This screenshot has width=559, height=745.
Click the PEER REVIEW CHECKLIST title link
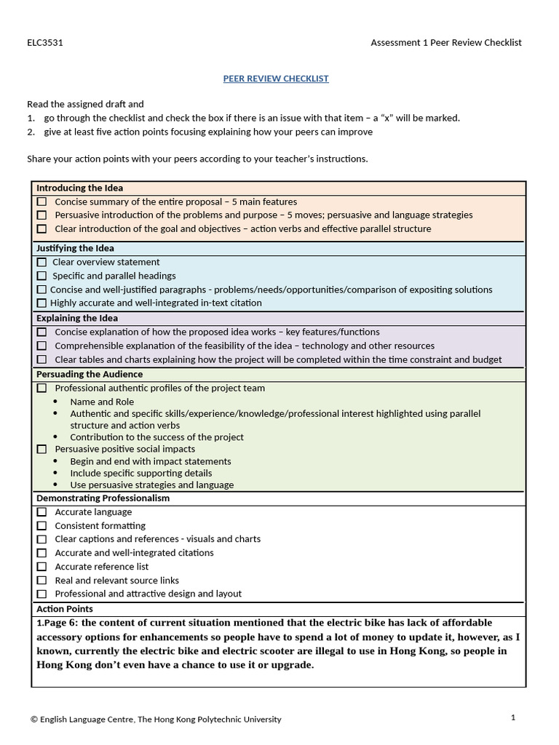[x=275, y=79]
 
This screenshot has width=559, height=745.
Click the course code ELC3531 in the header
[x=45, y=42]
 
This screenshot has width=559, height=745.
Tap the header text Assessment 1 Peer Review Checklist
[x=445, y=42]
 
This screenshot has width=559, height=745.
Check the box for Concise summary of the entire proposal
[x=41, y=202]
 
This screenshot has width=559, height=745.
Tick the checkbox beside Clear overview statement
[x=41, y=263]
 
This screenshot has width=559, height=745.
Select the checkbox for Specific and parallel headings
[x=41, y=276]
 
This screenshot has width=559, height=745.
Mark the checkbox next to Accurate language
[x=41, y=512]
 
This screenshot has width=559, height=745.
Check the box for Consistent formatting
[x=41, y=526]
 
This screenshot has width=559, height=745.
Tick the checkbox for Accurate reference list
[x=41, y=567]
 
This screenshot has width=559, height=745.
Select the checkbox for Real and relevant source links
[x=41, y=581]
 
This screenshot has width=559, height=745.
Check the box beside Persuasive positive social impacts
[x=41, y=450]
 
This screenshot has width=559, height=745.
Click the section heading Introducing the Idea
[x=79, y=188]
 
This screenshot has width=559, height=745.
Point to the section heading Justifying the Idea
[x=75, y=249]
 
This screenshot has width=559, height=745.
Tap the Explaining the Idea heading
[x=76, y=319]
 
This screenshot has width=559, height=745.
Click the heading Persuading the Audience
[x=89, y=375]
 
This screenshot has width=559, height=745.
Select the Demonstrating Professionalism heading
[x=103, y=498]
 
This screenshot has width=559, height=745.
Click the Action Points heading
[x=64, y=609]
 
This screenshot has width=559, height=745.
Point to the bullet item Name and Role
[x=102, y=402]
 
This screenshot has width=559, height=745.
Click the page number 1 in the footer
[x=512, y=717]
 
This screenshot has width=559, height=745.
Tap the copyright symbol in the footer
[x=34, y=720]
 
